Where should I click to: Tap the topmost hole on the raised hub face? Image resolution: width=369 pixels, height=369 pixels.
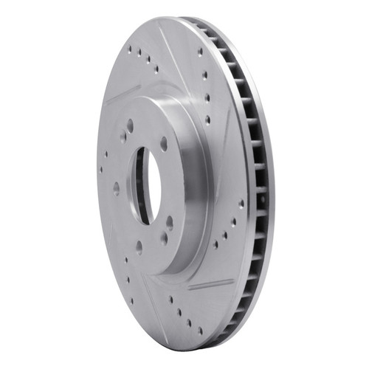click(130, 126)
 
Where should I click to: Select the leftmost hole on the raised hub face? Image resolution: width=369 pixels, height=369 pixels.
click(116, 187)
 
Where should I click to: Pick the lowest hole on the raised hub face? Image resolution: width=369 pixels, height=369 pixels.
click(139, 246)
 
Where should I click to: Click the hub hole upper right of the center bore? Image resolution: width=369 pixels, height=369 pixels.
click(164, 144)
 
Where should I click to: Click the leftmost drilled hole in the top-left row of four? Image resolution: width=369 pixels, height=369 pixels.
click(130, 52)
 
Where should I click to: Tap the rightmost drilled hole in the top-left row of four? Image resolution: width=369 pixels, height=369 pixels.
click(155, 69)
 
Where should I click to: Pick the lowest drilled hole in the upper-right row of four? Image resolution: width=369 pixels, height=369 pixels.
click(207, 118)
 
